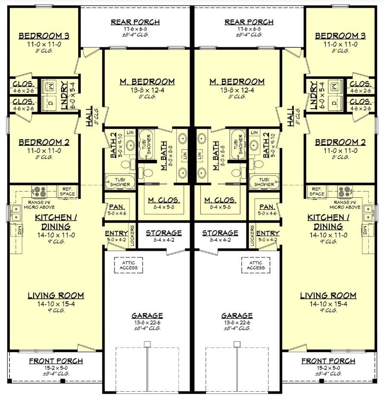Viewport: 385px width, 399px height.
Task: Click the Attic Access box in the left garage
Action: pos(128,265)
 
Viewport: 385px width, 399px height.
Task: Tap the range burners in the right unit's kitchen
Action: pos(345,192)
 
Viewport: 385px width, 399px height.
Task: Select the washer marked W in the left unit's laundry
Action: pos(50,87)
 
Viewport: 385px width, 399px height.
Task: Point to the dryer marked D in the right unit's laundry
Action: pos(334,103)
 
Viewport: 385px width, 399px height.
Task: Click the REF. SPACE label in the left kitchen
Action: pos(67,191)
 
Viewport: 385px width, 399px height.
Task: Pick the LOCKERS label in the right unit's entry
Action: pos(252,235)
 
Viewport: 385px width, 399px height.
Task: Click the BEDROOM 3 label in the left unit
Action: pos(44,36)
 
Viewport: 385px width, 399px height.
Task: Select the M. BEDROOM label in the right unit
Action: pos(237,82)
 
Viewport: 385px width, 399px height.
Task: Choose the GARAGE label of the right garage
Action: pos(237,315)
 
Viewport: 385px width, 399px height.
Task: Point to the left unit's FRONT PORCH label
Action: pos(56,361)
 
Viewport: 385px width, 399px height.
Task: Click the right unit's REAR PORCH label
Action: pos(249,22)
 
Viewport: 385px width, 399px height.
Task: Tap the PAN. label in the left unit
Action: pos(117,207)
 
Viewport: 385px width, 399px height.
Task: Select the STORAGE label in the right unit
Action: pos(220,233)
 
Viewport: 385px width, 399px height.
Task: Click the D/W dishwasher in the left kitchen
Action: pos(17,231)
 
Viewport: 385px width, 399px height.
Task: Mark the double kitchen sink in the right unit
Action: pos(367,213)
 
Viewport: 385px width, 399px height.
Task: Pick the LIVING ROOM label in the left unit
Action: pos(56,295)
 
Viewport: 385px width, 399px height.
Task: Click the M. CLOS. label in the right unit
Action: pos(220,200)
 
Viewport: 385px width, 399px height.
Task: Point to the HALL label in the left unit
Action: pos(89,117)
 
